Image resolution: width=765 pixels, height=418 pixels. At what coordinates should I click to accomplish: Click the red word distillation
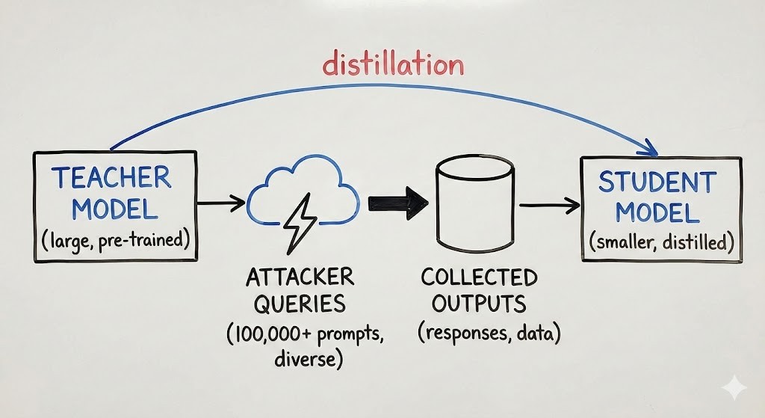(393, 64)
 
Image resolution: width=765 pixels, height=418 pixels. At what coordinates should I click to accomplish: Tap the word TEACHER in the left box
(112, 177)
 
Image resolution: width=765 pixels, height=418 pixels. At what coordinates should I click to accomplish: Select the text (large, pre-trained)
(115, 240)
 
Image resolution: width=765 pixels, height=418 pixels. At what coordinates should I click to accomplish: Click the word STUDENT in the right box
(657, 182)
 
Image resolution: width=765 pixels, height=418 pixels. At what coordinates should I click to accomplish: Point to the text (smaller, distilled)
(661, 242)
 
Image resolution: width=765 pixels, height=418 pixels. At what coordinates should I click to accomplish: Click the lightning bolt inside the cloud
(300, 222)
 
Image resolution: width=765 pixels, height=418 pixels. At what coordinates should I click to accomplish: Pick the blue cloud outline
(303, 191)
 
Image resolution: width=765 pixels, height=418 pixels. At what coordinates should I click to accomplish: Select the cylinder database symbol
(474, 203)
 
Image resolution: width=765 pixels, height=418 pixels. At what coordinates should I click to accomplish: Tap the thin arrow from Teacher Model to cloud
(221, 202)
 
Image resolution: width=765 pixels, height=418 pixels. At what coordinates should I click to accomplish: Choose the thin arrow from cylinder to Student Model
(549, 206)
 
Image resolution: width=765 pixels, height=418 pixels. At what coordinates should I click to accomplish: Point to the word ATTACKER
(300, 277)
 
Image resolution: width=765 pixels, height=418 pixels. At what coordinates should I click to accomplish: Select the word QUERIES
(300, 304)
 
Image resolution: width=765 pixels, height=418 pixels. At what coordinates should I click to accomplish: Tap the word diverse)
(309, 359)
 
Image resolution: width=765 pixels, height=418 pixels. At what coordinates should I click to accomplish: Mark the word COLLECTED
(479, 277)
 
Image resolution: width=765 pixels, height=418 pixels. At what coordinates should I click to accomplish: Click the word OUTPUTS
(479, 303)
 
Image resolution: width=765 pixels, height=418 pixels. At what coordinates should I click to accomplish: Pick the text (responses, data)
(489, 333)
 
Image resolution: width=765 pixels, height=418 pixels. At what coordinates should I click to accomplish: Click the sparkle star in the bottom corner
(734, 388)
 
